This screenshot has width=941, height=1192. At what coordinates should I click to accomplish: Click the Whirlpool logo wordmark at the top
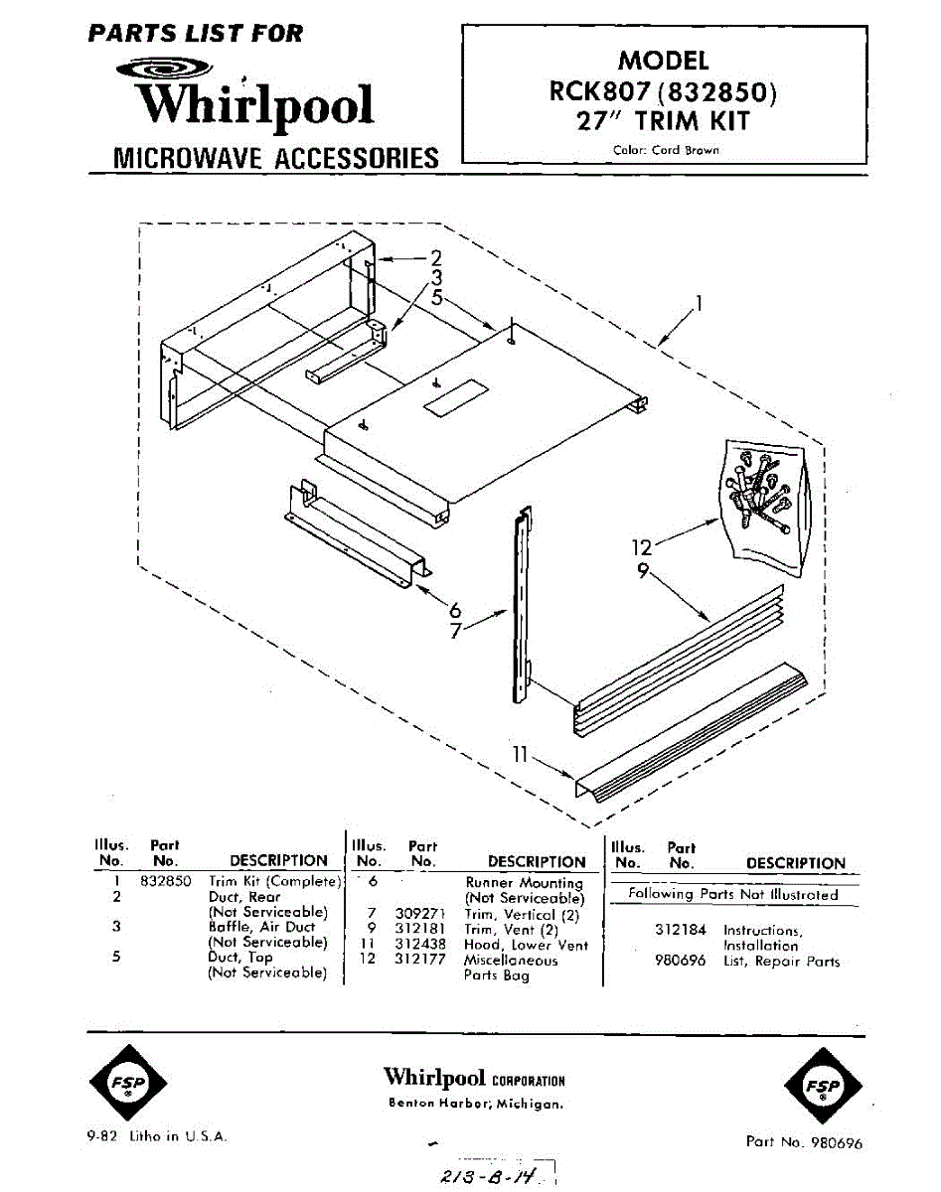(x=256, y=102)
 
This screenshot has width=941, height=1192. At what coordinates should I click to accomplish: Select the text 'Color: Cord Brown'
(x=666, y=151)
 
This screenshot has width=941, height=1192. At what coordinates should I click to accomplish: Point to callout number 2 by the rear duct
(x=435, y=258)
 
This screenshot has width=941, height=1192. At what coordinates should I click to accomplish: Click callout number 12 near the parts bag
(x=643, y=547)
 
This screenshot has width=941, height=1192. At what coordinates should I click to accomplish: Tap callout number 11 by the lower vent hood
(x=519, y=755)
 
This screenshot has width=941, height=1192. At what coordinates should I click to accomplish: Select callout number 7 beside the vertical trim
(x=455, y=632)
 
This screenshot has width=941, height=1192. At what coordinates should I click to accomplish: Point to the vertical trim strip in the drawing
(x=519, y=606)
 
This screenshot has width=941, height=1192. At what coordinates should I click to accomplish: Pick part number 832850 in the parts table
(x=165, y=881)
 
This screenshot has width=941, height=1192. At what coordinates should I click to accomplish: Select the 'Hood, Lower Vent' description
(x=526, y=945)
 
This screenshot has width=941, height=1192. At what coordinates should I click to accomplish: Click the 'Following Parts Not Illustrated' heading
(x=733, y=894)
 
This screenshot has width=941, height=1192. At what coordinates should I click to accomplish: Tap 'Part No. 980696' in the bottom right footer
(x=804, y=1141)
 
